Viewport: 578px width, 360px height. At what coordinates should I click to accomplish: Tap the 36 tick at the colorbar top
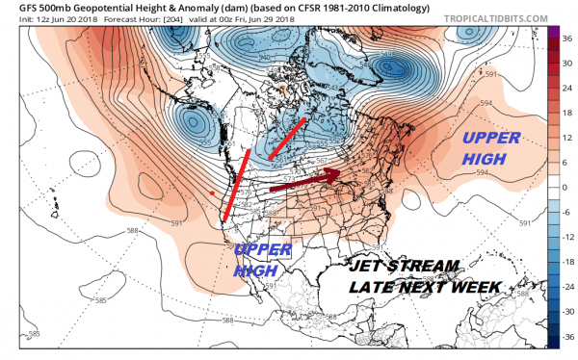565,37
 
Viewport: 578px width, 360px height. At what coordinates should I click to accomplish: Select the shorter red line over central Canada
287,139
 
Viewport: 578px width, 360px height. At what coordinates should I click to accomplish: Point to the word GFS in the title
16,9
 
